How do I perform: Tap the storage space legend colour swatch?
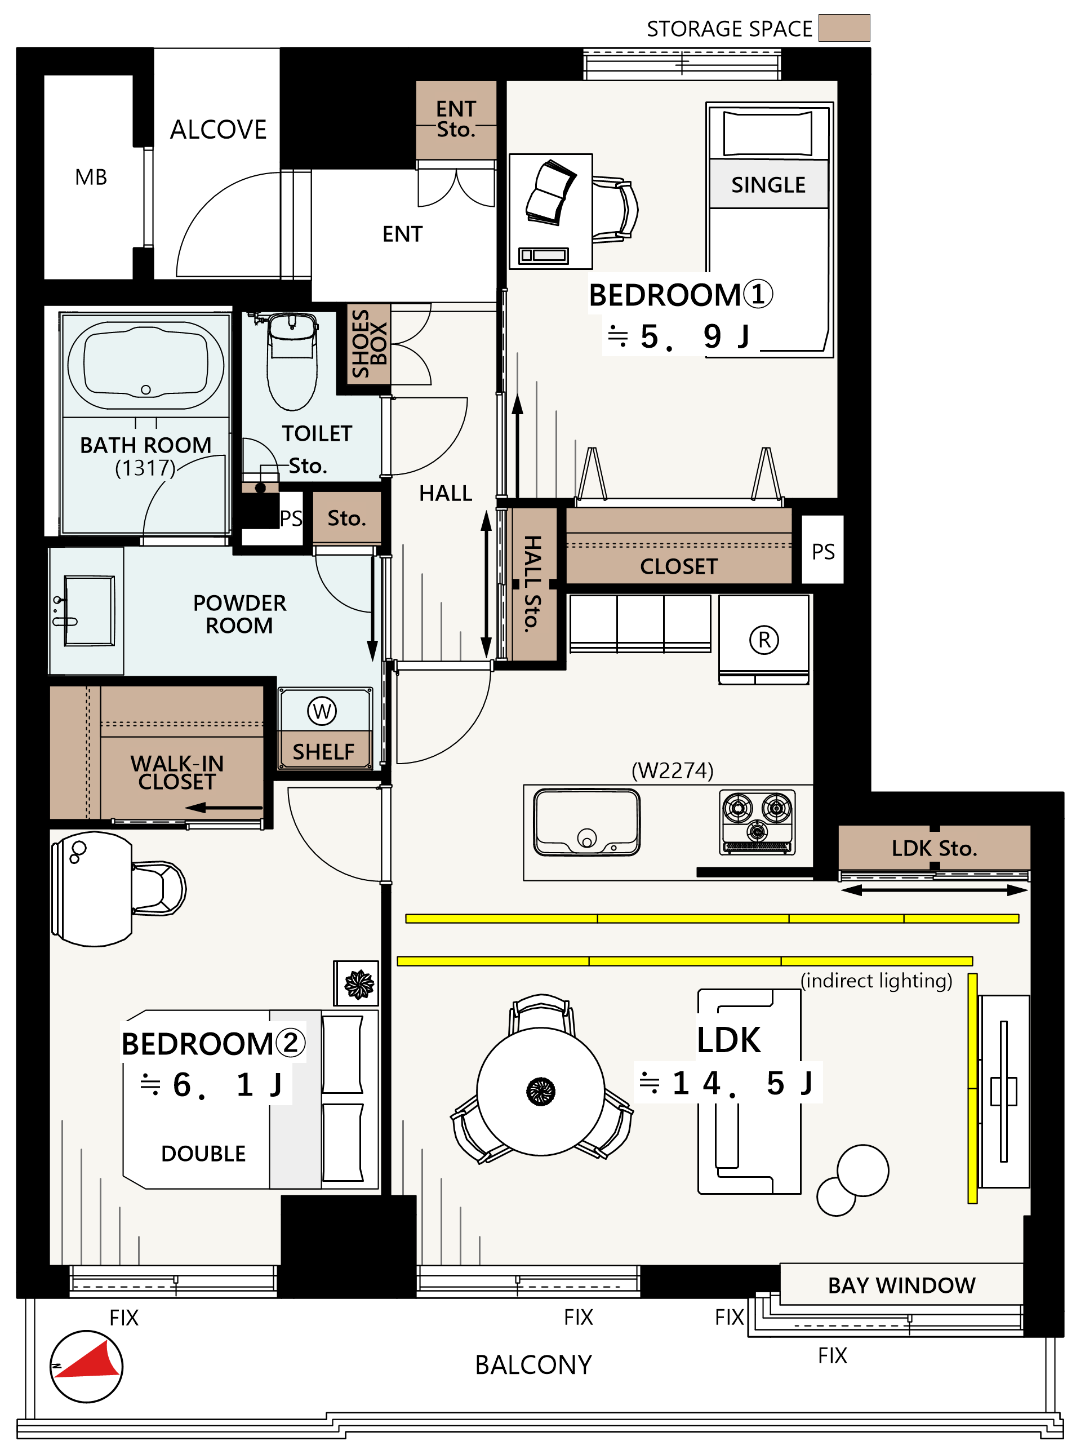pyautogui.click(x=844, y=28)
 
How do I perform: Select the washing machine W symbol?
pyautogui.click(x=322, y=711)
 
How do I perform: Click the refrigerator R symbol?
pyautogui.click(x=764, y=639)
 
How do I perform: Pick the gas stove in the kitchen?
pyautogui.click(x=757, y=822)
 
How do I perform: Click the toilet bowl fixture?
pyautogui.click(x=292, y=362)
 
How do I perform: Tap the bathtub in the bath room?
pyautogui.click(x=146, y=365)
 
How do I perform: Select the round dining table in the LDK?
pyautogui.click(x=541, y=1091)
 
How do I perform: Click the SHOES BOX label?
pyautogui.click(x=369, y=344)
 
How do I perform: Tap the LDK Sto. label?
pyautogui.click(x=934, y=848)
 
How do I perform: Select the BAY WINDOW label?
pyautogui.click(x=901, y=1285)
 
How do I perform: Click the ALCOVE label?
pyautogui.click(x=218, y=130)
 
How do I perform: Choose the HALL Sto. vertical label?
pyautogui.click(x=533, y=583)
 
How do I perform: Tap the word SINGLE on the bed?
pyautogui.click(x=768, y=185)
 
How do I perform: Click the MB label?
pyautogui.click(x=91, y=177)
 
